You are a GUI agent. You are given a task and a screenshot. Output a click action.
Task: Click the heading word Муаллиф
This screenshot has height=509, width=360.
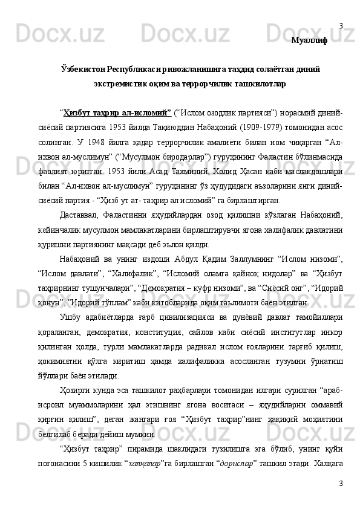coord(310,41)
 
